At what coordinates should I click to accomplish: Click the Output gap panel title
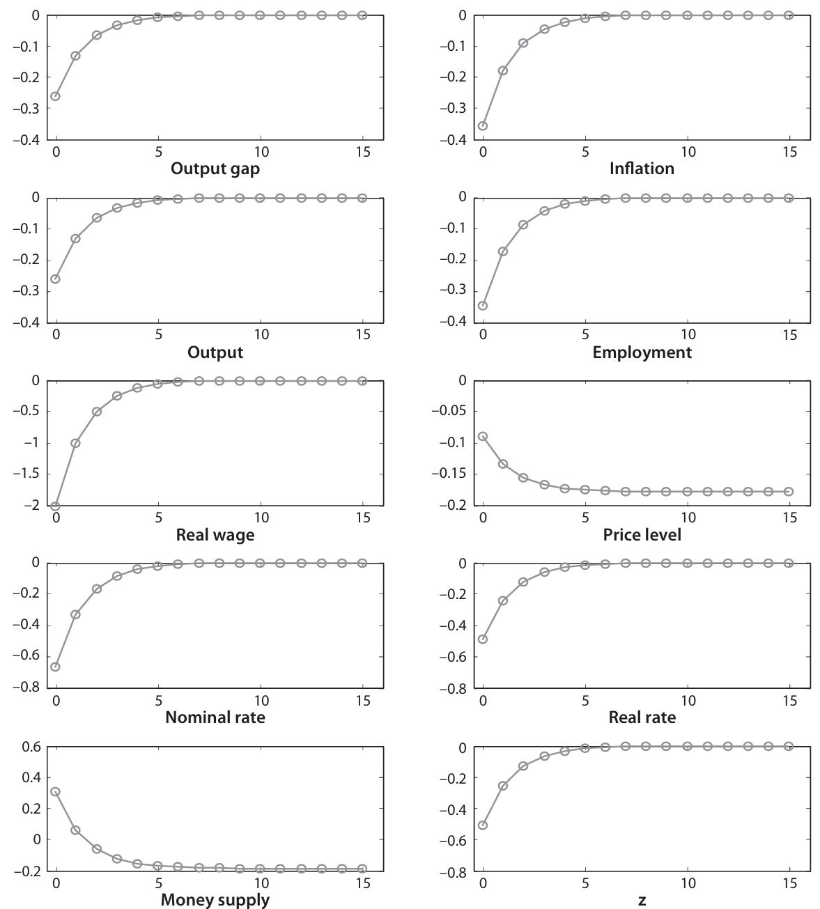[x=215, y=169]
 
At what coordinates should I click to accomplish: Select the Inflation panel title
[x=642, y=169]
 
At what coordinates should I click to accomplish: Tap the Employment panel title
[x=642, y=352]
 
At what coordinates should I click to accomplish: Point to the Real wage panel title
[x=215, y=535]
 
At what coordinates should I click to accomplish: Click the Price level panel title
[x=642, y=535]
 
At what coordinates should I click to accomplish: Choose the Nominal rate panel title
[x=215, y=717]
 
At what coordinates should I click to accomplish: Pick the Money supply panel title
[x=215, y=900]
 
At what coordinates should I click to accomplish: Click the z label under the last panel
[x=642, y=900]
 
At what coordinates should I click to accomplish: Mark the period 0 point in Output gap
[x=55, y=96]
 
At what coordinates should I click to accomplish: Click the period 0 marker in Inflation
[x=483, y=126]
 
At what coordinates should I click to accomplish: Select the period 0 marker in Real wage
[x=55, y=506]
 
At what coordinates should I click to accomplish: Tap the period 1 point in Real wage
[x=75, y=443]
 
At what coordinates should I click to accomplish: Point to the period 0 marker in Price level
[x=483, y=436]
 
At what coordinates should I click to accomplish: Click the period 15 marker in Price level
[x=789, y=492]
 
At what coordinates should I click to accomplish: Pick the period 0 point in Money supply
[x=55, y=791]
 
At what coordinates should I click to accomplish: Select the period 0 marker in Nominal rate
[x=55, y=667]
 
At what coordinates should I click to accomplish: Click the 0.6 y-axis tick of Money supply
[x=33, y=747]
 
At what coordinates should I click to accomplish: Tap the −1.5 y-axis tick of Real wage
[x=28, y=474]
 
